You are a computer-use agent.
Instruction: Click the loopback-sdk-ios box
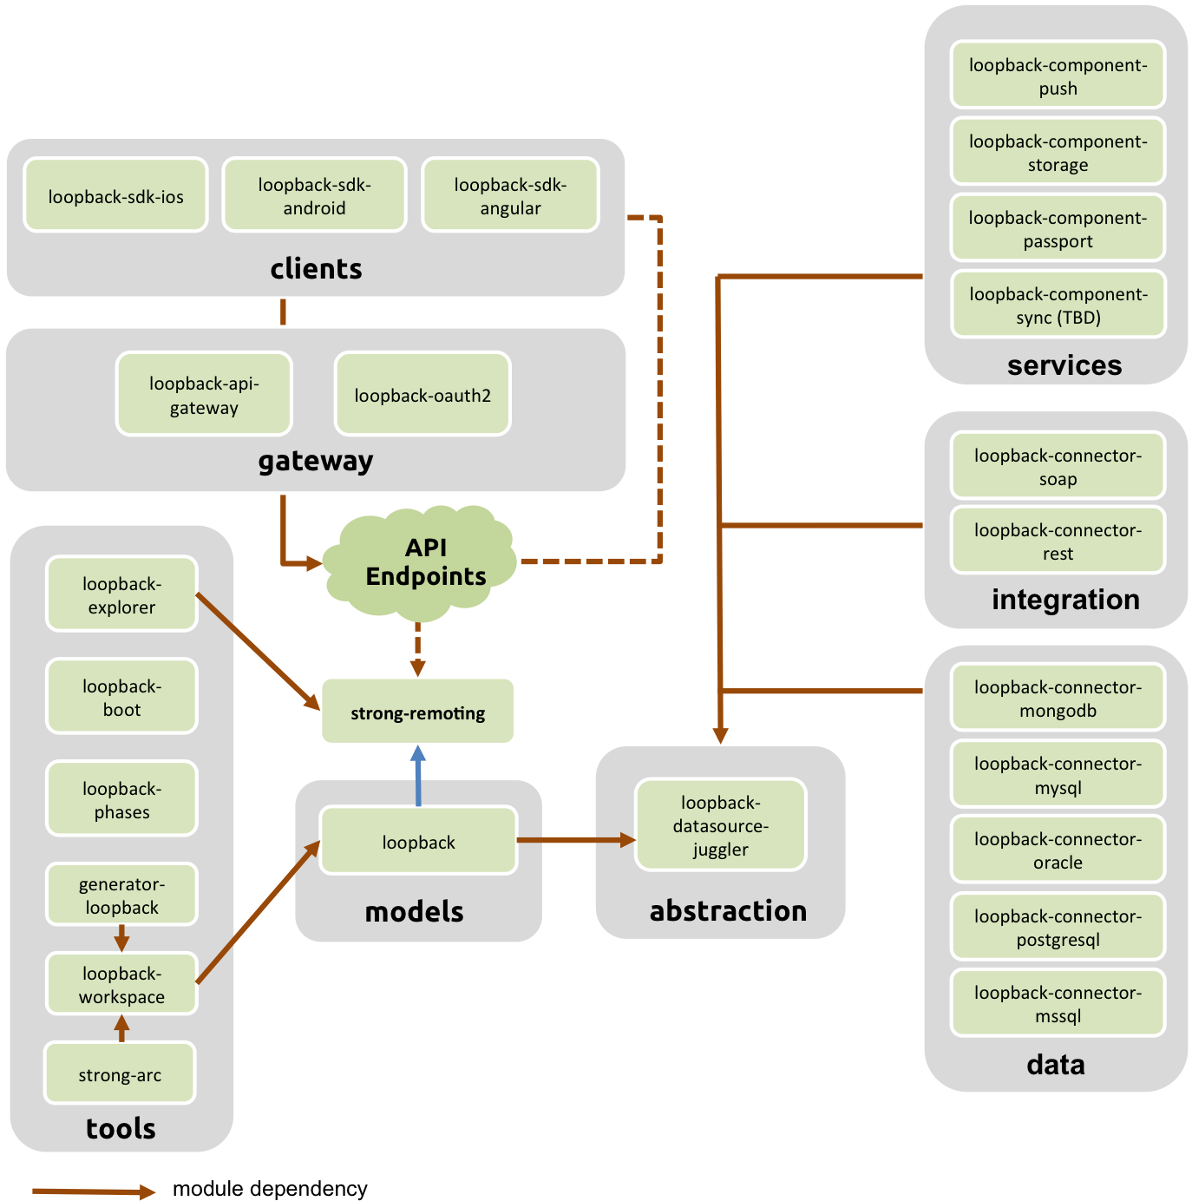[x=115, y=194]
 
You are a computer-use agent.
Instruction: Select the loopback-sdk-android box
[x=314, y=194]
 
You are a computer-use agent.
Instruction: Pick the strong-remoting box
[x=417, y=711]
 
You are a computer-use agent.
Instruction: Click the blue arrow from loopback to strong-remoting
[x=418, y=775]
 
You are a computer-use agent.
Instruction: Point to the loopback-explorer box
[x=121, y=594]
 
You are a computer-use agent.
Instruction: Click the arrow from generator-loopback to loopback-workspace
[x=121, y=937]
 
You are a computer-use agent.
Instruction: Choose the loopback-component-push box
[x=1058, y=75]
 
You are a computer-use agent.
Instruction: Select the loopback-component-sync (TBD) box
[x=1058, y=304]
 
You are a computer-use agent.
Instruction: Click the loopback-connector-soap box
[x=1058, y=466]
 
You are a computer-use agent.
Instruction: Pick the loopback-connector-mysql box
[x=1058, y=773]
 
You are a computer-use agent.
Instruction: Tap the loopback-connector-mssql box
[x=1058, y=1002]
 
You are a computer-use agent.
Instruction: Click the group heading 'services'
[x=1064, y=365]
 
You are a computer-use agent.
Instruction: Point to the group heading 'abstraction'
[x=727, y=910]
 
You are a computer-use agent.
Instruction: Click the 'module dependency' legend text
[x=270, y=1188]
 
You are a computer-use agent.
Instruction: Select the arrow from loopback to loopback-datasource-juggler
[x=576, y=839]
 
